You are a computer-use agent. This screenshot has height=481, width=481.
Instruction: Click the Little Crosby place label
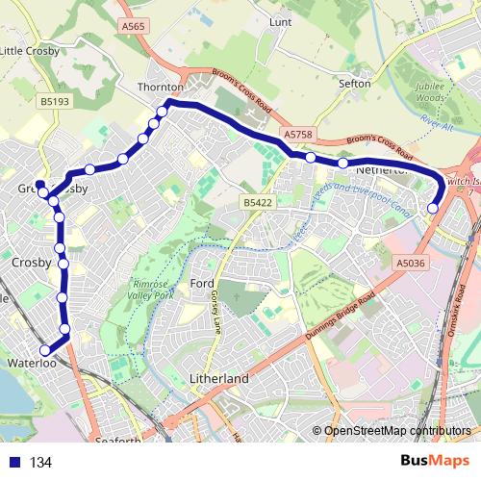(x=30, y=51)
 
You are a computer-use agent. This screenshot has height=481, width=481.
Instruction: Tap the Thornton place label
(x=160, y=86)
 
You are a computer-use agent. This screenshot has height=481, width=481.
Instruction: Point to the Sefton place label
(x=355, y=84)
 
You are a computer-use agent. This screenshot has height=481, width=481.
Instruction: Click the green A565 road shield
(x=134, y=27)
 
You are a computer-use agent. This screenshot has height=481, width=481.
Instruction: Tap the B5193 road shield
(x=55, y=100)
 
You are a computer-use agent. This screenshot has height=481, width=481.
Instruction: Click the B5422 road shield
(x=258, y=203)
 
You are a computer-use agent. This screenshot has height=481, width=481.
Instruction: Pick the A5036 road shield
(x=409, y=261)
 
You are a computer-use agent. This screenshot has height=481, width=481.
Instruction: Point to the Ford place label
(x=202, y=283)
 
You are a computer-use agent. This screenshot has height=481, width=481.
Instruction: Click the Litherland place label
(x=219, y=379)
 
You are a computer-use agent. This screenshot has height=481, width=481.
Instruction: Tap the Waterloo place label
(x=33, y=364)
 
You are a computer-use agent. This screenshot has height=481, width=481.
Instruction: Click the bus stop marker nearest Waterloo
(x=44, y=350)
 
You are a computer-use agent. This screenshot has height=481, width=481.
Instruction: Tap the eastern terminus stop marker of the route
(x=433, y=208)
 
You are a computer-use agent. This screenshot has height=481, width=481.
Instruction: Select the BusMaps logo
(x=435, y=461)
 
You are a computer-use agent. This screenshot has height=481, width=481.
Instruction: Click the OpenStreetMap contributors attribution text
(x=396, y=431)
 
